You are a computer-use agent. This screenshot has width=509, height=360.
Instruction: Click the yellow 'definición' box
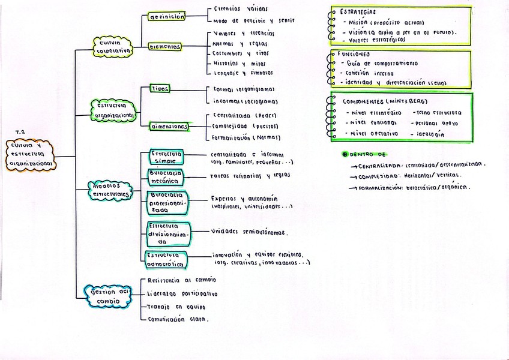(167, 17)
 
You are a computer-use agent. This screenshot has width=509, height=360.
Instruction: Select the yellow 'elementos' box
(165, 46)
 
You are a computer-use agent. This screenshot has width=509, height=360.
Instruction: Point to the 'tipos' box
(160, 89)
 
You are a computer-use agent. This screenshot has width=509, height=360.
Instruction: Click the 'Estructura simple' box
(166, 157)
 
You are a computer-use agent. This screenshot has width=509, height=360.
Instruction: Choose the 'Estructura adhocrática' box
(166, 259)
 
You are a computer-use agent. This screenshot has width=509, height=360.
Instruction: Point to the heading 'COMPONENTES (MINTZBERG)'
(376, 101)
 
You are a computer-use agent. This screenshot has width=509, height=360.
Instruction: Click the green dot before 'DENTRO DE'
(345, 154)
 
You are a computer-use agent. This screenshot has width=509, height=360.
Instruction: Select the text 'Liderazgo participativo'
(182, 294)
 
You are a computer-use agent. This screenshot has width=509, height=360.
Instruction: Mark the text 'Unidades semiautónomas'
(248, 232)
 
